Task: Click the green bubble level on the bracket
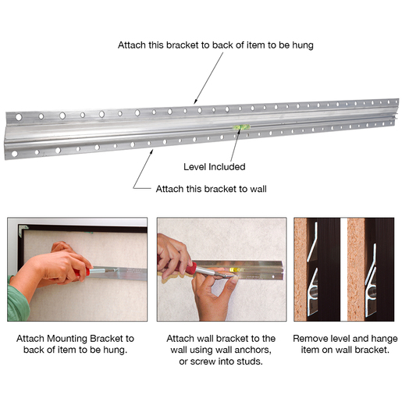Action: coord(242,127)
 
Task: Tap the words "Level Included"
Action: coord(215,167)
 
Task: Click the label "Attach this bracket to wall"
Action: coord(211,189)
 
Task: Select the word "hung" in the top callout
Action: coord(303,45)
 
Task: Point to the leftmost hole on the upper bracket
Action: coord(19,117)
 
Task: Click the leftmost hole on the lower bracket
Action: coord(15,154)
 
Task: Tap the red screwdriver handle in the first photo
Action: coord(82,272)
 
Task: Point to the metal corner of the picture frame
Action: coord(23,230)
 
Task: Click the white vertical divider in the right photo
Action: coord(343,269)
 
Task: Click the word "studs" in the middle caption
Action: coord(250,361)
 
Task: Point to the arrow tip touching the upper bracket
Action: coord(194,104)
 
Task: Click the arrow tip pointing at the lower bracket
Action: coord(153,149)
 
